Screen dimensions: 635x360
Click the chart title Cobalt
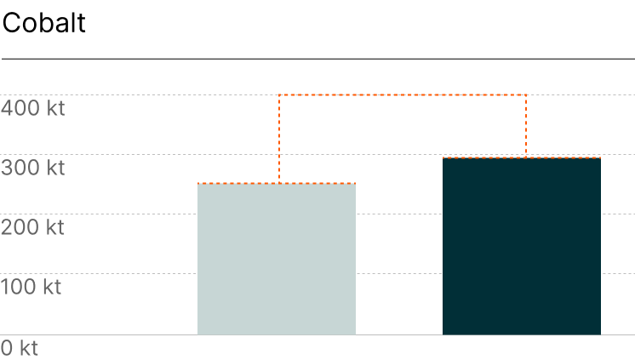pyautogui.click(x=43, y=23)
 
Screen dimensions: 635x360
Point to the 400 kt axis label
pyautogui.click(x=33, y=108)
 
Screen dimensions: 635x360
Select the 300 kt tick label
pyautogui.click(x=33, y=168)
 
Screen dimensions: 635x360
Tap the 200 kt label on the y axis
pyautogui.click(x=32, y=227)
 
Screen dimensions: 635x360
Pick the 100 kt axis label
pyautogui.click(x=31, y=287)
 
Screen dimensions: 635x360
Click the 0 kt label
pyautogui.click(x=20, y=348)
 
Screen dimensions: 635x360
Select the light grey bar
pyautogui.click(x=277, y=260)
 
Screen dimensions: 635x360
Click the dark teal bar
pyautogui.click(x=522, y=246)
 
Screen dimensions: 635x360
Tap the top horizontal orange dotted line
pyautogui.click(x=403, y=95)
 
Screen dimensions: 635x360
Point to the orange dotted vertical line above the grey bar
pyautogui.click(x=279, y=140)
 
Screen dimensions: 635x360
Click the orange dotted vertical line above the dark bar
pyautogui.click(x=526, y=126)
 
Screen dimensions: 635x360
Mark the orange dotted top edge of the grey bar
pyautogui.click(x=277, y=184)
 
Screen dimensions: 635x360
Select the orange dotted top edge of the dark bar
pyautogui.click(x=522, y=158)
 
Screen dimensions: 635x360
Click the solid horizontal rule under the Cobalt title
pyautogui.click(x=318, y=59)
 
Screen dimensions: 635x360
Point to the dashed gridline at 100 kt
pyautogui.click(x=317, y=274)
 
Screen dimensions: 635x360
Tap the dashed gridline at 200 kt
pyautogui.click(x=317, y=214)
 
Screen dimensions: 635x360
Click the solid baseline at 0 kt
pyautogui.click(x=317, y=334)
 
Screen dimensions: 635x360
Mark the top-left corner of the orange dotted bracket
pyautogui.click(x=279, y=95)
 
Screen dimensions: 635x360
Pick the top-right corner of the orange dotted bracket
pyautogui.click(x=526, y=95)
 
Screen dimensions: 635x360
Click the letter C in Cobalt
pyautogui.click(x=11, y=23)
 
